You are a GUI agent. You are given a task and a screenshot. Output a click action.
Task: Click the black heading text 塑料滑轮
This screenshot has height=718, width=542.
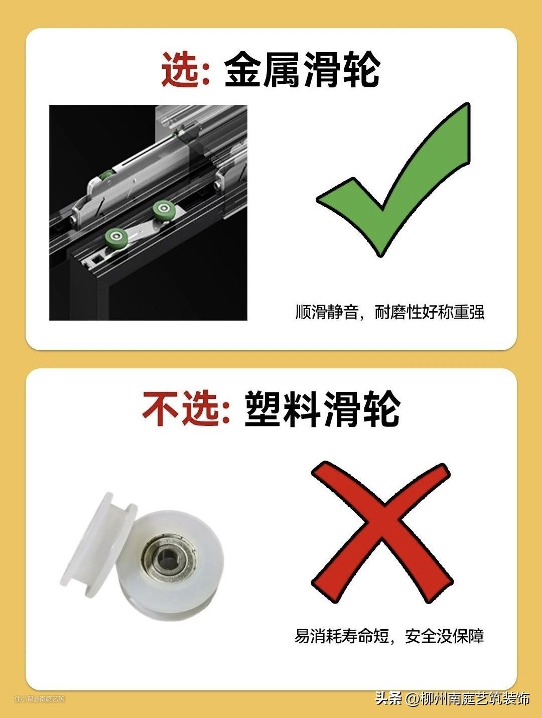click(323, 408)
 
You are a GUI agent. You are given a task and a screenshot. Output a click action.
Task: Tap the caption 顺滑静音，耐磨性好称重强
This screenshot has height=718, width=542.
click(389, 312)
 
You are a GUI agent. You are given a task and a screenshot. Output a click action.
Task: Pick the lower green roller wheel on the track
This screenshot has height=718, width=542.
click(115, 236)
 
